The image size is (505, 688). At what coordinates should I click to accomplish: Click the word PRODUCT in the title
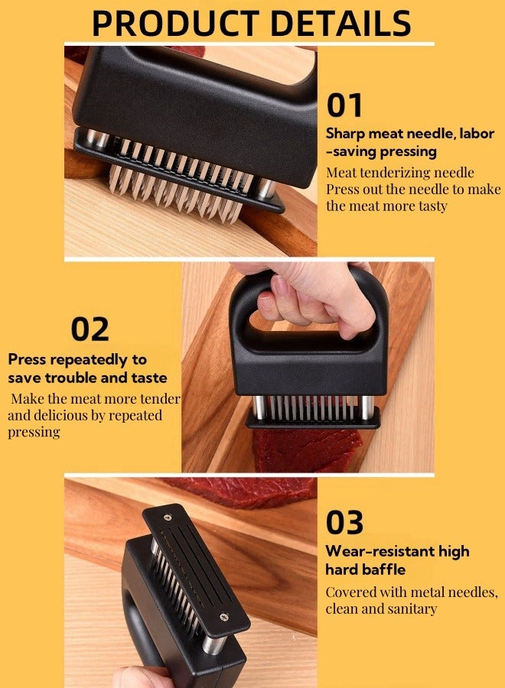(175, 23)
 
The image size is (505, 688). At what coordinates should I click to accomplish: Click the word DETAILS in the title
(340, 23)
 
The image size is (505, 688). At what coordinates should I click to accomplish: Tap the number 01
(344, 105)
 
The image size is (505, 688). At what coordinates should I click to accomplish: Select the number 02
(90, 329)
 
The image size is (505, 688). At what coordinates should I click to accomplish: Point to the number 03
(345, 522)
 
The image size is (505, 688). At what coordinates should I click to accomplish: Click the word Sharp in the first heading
(345, 134)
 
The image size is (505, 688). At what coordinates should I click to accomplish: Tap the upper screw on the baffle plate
(168, 518)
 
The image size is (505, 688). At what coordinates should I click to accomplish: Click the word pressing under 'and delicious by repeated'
(34, 432)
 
